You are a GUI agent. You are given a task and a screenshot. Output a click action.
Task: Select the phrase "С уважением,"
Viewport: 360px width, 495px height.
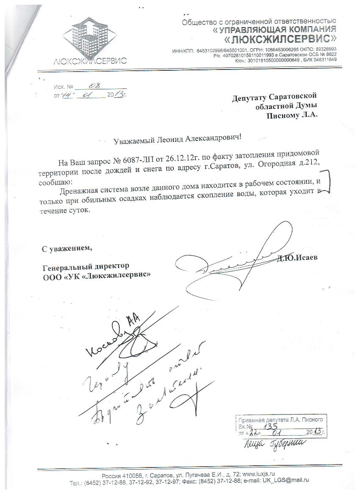click(66, 248)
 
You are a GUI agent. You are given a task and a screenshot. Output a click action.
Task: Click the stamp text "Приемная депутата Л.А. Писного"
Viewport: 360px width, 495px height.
click(281, 420)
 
